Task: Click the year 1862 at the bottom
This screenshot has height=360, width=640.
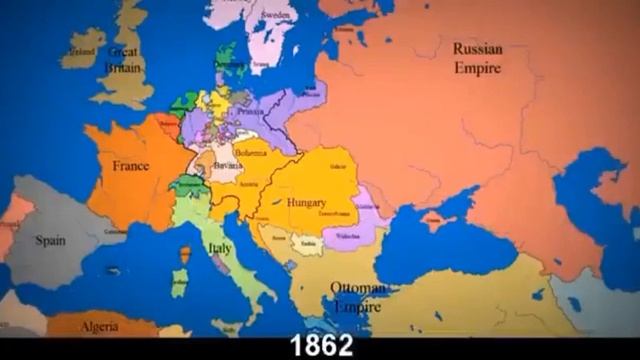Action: pos(321,345)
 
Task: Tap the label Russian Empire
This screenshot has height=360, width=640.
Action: pos(477,57)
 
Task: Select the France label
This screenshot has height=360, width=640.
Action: pos(130,166)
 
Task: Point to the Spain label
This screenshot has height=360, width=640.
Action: pos(50,240)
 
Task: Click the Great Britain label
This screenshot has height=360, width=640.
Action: pos(125,60)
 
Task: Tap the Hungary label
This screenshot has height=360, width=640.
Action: pos(306,202)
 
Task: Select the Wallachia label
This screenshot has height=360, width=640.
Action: pos(347,237)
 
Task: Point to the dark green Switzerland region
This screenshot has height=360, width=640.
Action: pos(187,185)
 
